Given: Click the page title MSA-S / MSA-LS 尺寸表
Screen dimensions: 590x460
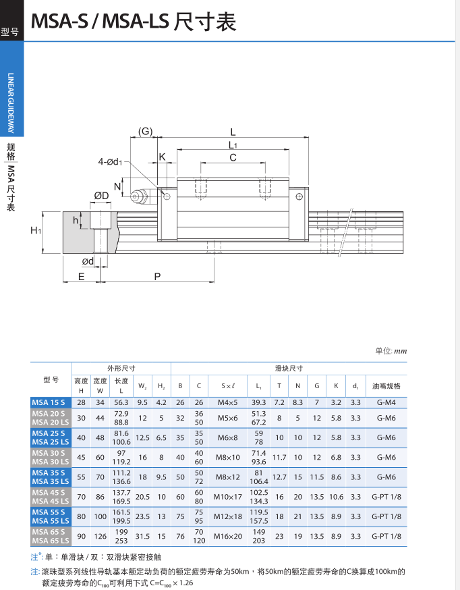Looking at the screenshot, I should [x=134, y=23].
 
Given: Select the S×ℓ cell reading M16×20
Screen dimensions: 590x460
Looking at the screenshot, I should [x=228, y=537].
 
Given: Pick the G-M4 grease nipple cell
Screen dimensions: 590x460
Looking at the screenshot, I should [x=386, y=402].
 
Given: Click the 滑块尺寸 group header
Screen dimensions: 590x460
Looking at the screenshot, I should [x=289, y=368].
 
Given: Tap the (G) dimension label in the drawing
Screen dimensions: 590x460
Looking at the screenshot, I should [x=146, y=132].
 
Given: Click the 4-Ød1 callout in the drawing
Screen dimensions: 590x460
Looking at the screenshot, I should [x=110, y=162].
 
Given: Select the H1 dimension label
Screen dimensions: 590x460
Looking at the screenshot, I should [x=36, y=231].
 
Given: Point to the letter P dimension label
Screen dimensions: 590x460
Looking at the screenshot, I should [x=157, y=276].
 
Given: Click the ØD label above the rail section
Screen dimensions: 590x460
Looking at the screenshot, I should [x=102, y=196].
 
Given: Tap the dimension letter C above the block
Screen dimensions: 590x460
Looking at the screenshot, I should [x=233, y=158].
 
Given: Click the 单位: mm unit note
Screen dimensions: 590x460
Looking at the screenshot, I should [x=391, y=351].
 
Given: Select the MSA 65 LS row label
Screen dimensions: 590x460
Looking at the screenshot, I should [x=51, y=541].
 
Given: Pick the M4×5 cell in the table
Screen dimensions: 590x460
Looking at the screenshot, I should [x=228, y=402].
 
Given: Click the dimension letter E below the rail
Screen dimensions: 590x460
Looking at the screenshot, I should [x=82, y=276].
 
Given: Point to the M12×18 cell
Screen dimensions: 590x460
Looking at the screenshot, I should [x=228, y=516].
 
